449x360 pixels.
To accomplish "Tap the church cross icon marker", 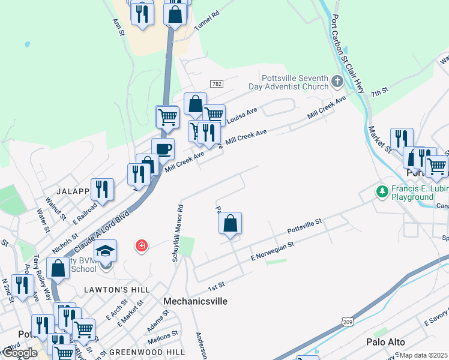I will click(x=337, y=82).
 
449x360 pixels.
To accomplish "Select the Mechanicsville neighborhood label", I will click(x=196, y=301).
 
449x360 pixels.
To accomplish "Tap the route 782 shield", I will click(x=217, y=83).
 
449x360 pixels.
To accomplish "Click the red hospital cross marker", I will click(x=142, y=246).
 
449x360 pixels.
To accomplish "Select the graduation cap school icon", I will click(x=105, y=250).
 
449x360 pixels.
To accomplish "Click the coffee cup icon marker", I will click(x=162, y=149).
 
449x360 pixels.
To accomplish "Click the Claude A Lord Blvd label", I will click(x=100, y=232).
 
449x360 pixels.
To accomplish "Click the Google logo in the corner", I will click(x=20, y=353).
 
